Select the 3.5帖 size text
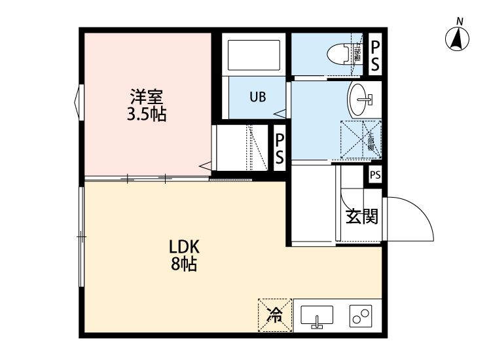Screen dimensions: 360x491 146,115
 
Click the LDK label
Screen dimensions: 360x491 189,247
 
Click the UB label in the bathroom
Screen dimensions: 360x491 257,98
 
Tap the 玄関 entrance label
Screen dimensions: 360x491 361,217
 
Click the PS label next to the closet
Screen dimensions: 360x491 279,149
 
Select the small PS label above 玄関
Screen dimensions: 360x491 374,175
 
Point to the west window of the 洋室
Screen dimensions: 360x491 79,101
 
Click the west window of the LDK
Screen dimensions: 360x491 80,236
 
